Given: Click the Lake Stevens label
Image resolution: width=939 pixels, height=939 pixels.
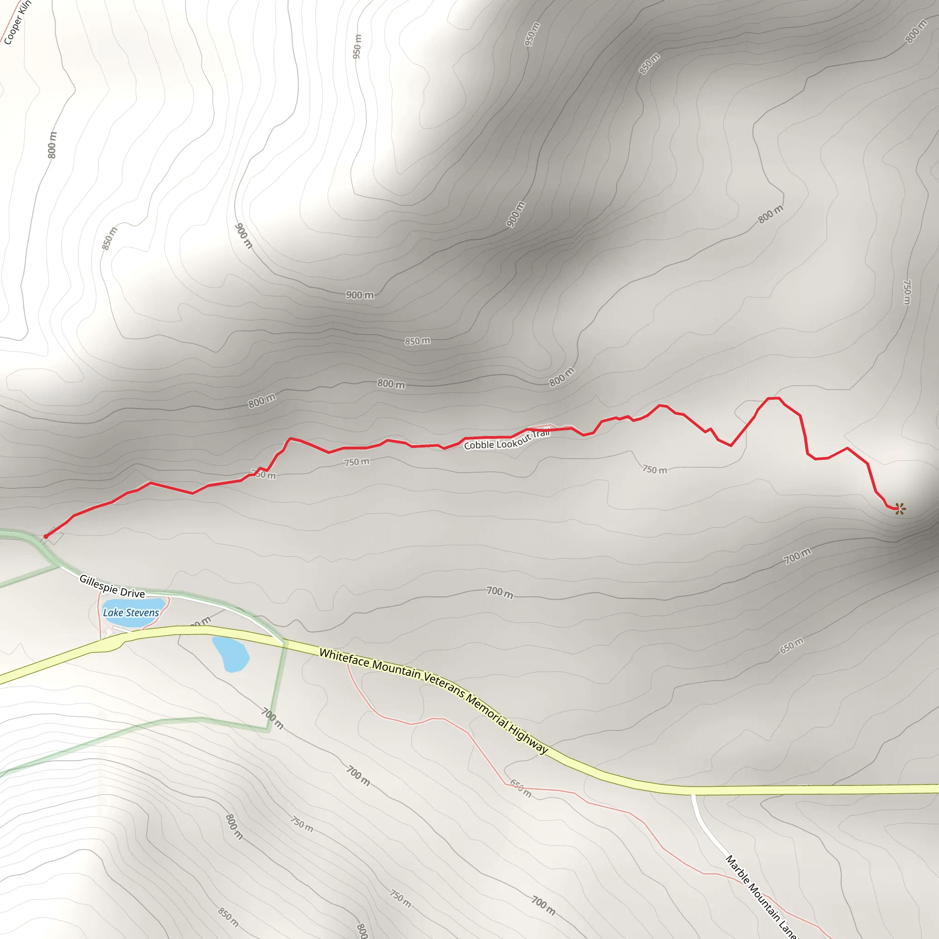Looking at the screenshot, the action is tap(131, 613).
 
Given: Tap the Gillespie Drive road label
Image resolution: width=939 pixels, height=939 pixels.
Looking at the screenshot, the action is tap(112, 586).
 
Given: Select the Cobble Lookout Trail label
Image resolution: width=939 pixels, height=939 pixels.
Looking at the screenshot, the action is tap(507, 439).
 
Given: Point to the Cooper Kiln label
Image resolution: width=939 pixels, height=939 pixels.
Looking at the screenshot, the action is tap(17, 23).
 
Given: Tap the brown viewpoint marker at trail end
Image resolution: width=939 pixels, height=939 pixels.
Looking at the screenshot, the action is tap(900, 509).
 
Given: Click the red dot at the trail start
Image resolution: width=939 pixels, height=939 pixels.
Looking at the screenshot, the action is tap(46, 536).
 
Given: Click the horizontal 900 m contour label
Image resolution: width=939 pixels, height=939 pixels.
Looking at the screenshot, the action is tap(359, 295).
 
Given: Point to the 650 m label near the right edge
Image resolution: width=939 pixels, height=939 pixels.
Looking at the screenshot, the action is tap(792, 646).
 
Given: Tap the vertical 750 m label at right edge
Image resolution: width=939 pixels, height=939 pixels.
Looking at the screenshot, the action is tap(907, 292).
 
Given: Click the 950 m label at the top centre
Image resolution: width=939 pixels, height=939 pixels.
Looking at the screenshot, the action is tap(357, 47).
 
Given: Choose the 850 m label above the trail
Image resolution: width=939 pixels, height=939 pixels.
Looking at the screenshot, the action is tap(418, 341).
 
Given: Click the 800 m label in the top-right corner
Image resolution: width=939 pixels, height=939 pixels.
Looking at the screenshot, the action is tap(916, 32).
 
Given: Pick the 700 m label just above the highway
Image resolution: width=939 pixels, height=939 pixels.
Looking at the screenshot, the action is tap(500, 592).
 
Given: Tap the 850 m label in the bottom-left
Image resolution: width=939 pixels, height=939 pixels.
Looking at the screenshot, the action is tap(228, 917).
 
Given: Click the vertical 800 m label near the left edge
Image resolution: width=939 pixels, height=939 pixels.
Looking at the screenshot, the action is tap(52, 145).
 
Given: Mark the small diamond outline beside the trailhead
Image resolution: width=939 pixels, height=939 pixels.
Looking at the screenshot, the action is tap(55, 536).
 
